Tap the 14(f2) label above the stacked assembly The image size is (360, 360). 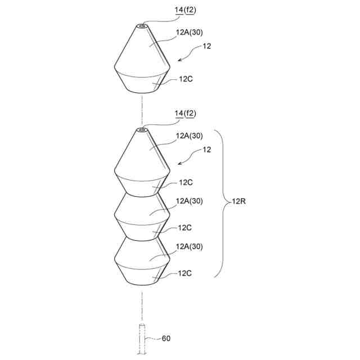186,114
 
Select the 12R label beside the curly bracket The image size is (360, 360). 239,201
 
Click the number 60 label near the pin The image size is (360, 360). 166,339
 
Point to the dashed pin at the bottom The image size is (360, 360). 142,339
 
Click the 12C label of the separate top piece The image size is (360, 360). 187,79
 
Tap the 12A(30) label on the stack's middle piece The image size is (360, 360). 189,201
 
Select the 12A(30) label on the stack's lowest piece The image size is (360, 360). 189,246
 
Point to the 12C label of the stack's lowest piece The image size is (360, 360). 186,273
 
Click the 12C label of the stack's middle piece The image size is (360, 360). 186,227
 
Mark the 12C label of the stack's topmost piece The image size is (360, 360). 187,182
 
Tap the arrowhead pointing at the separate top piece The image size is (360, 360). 179,58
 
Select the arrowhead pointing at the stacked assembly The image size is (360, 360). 179,163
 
